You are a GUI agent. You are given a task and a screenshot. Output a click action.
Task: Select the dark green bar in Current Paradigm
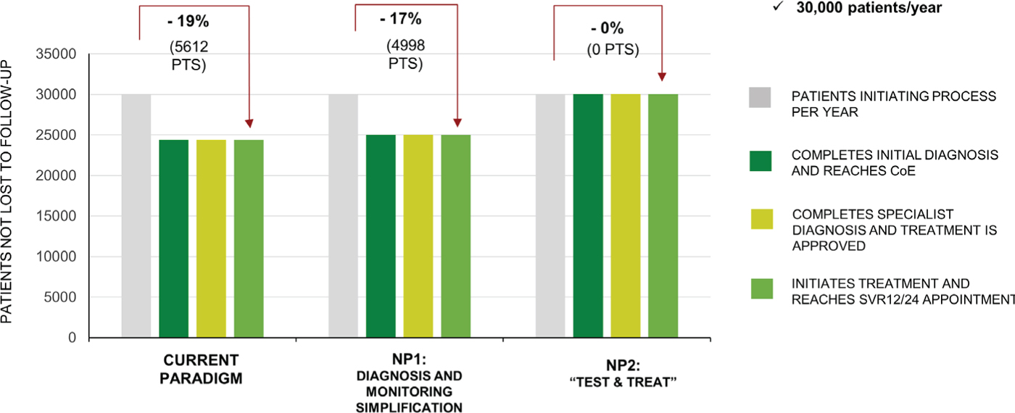click(x=173, y=238)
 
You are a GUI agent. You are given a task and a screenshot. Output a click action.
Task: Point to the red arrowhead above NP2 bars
click(x=663, y=76)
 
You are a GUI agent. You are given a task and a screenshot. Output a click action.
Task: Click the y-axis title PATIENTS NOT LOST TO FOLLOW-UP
click(x=9, y=196)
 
